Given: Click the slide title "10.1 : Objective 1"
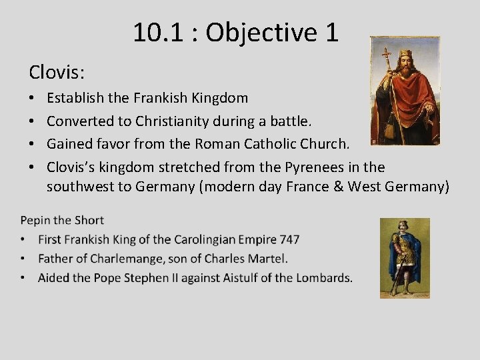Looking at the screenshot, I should (x=235, y=32).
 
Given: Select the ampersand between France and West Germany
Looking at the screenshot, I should (x=335, y=187).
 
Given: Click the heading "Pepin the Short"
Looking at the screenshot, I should (x=62, y=220).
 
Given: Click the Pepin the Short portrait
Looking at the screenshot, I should (x=405, y=257).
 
